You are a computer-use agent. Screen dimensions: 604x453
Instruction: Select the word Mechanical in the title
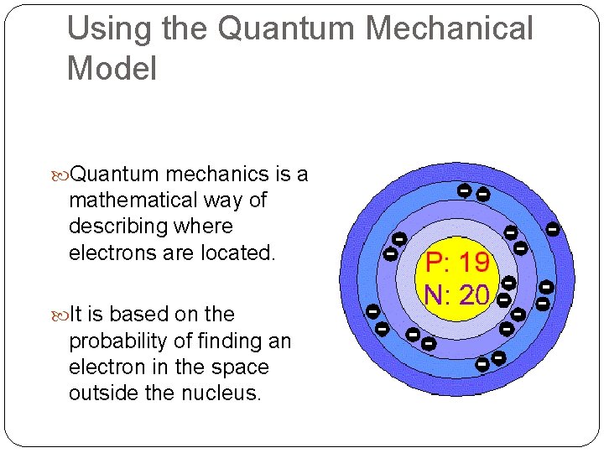click(451, 29)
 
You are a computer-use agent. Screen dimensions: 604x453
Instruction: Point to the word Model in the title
click(112, 69)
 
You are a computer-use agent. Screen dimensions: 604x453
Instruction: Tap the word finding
click(219, 341)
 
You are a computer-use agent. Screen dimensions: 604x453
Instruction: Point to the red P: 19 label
click(457, 263)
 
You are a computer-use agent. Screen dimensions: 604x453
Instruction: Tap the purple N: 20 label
click(457, 294)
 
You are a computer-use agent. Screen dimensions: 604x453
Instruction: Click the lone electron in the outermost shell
click(553, 227)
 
